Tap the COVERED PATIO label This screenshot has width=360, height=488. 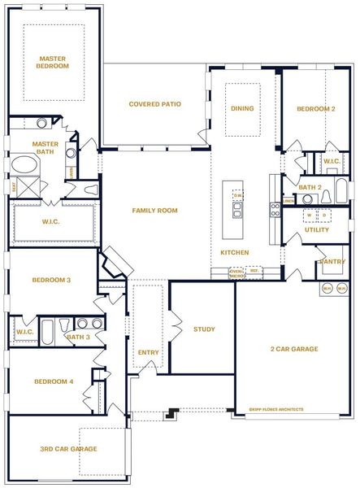pos(154,104)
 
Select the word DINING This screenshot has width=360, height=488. pos(242,108)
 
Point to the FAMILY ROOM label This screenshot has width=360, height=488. pos(154,211)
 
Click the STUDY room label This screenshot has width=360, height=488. pos(204,329)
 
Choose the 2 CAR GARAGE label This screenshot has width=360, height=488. pos(293,350)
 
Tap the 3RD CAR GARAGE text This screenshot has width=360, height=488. pos(68,449)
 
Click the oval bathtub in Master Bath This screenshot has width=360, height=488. pos(24,167)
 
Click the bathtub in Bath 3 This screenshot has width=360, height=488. pos(47,332)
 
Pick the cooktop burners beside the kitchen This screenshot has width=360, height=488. pos(276,213)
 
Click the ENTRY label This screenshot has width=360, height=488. pos(149,352)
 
